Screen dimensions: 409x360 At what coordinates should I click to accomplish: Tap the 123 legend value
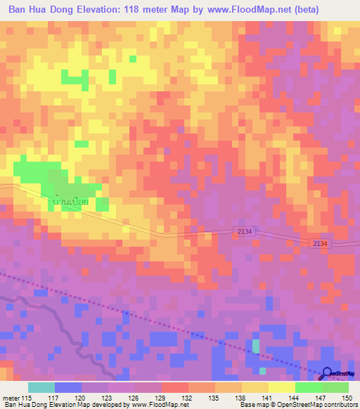[x=108, y=398]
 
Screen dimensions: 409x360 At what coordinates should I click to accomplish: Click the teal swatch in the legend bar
[x=41, y=387]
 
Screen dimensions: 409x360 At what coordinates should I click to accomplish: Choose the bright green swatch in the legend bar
[x=308, y=387]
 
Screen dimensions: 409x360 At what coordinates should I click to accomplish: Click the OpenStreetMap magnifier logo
[x=326, y=373]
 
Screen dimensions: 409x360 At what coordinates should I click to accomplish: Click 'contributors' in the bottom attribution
[x=338, y=405]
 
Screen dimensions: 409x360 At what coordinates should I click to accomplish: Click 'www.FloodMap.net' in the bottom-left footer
[x=128, y=405]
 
